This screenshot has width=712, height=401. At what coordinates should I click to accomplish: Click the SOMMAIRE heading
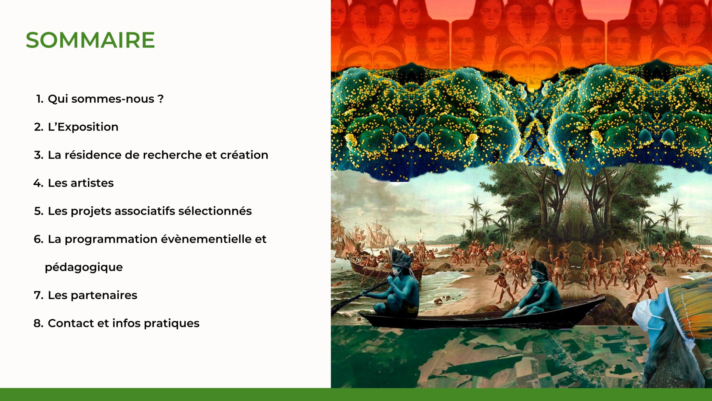click(x=90, y=40)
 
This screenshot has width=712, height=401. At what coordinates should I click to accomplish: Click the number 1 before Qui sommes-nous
click(x=39, y=99)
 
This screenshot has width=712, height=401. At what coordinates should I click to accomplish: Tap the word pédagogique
click(x=84, y=268)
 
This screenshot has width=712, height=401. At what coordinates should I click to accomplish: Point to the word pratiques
click(x=172, y=324)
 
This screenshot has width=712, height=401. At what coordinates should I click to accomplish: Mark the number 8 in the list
click(x=38, y=323)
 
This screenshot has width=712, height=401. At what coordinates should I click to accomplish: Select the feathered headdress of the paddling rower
click(x=401, y=258)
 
